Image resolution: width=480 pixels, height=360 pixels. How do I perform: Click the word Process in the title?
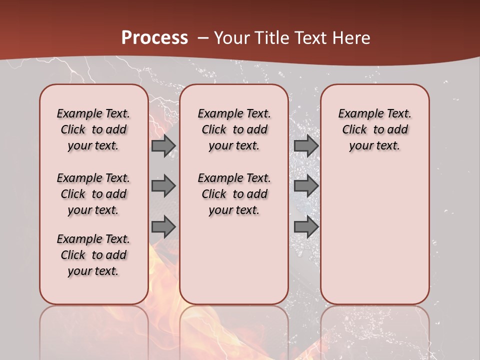pyautogui.click(x=154, y=38)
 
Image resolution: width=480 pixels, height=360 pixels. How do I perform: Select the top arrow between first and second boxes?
pyautogui.click(x=163, y=146)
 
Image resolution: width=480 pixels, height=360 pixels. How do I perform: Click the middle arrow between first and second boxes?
pyautogui.click(x=163, y=186)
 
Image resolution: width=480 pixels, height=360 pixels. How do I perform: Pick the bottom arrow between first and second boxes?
pyautogui.click(x=163, y=227)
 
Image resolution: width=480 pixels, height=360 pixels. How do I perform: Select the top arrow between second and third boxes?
pyautogui.click(x=306, y=146)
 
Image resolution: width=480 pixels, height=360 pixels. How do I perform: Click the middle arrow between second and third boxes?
pyautogui.click(x=306, y=186)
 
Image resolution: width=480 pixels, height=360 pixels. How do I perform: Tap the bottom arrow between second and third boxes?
pyautogui.click(x=306, y=227)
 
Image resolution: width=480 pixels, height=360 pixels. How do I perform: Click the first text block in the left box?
pyautogui.click(x=93, y=129)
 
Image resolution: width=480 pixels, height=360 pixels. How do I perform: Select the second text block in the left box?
pyautogui.click(x=93, y=194)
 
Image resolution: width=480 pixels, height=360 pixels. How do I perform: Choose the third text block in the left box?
pyautogui.click(x=93, y=255)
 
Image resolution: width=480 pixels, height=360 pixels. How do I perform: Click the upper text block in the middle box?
pyautogui.click(x=234, y=129)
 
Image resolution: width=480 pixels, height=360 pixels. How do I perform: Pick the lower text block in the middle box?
pyautogui.click(x=234, y=194)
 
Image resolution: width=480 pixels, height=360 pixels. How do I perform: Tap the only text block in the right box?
pyautogui.click(x=375, y=129)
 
